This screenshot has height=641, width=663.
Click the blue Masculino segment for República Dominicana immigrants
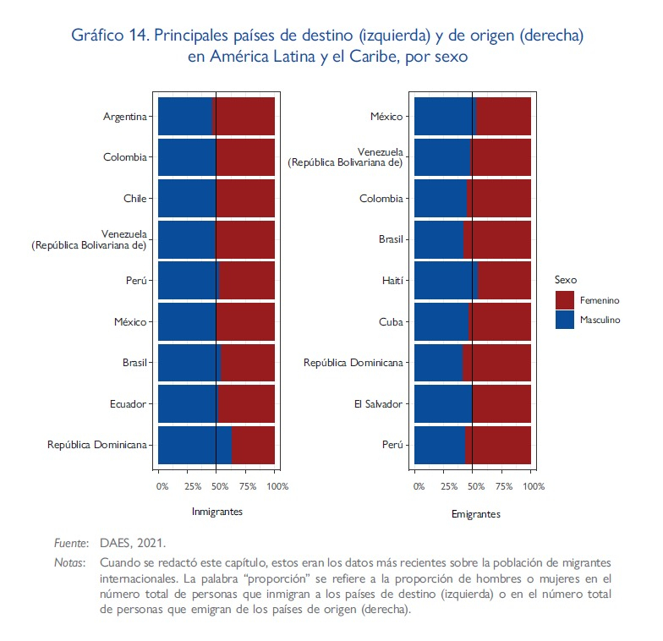tap(195, 445)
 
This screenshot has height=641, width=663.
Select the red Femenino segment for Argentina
tap(244, 117)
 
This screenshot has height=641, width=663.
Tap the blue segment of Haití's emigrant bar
tap(446, 281)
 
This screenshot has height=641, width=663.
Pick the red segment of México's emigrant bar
tap(504, 117)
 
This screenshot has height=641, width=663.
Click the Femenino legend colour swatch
tap(565, 300)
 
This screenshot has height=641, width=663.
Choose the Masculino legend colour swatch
tap(565, 320)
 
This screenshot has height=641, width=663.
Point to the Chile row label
tap(135, 199)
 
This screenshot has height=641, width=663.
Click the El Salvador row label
tap(378, 404)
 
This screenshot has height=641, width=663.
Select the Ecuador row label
tap(128, 404)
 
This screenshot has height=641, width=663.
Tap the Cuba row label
tap(391, 322)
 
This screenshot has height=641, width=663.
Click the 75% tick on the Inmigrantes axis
tap(248, 486)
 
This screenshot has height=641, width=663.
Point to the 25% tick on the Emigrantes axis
tap(447, 486)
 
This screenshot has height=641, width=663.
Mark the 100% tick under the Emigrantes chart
tap(534, 486)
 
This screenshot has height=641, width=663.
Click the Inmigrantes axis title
tap(217, 512)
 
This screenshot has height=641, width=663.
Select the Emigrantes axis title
tap(475, 513)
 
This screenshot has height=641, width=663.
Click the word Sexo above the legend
tap(565, 279)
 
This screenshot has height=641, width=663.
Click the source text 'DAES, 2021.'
tap(133, 543)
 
